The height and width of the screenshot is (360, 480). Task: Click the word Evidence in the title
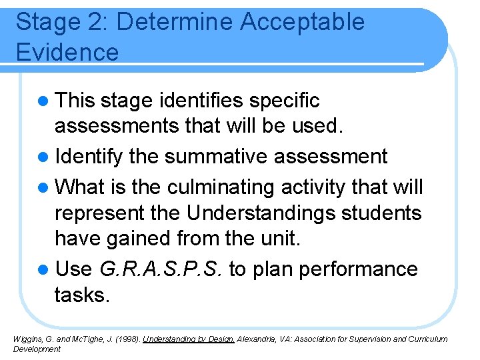click(x=67, y=51)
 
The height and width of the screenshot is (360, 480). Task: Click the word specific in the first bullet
click(x=284, y=101)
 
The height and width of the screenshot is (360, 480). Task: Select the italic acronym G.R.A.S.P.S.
click(x=163, y=269)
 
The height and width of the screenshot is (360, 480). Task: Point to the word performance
click(x=359, y=269)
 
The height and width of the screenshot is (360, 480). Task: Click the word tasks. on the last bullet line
click(x=81, y=295)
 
